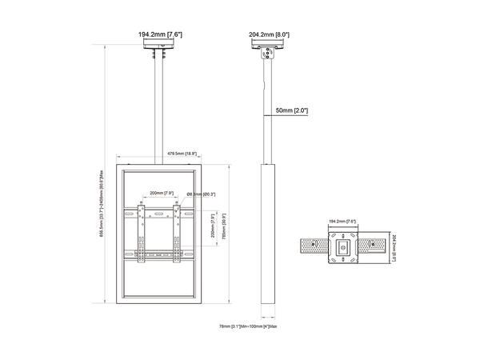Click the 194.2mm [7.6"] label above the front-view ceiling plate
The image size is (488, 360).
[160, 35]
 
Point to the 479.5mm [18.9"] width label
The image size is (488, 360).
[182, 153]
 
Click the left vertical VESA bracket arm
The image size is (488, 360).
[142, 233]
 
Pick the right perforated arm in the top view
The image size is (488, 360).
[374, 247]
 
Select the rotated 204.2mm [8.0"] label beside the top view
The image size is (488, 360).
[394, 247]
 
